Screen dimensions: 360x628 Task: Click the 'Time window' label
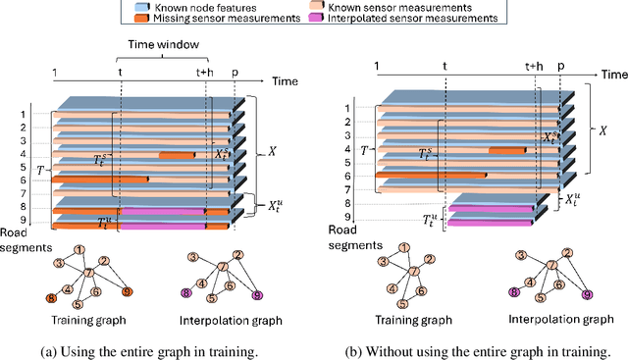point(162,45)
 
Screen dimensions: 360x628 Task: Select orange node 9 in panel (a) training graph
point(127,291)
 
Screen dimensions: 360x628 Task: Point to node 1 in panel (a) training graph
point(80,250)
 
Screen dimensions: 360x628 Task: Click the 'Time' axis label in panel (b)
point(613,74)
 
